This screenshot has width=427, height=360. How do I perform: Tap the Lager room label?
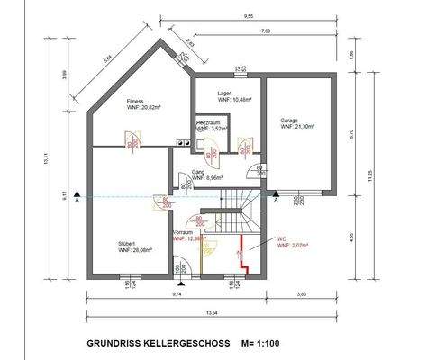click(x=225, y=93)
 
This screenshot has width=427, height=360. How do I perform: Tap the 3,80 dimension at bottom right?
click(x=302, y=293)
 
